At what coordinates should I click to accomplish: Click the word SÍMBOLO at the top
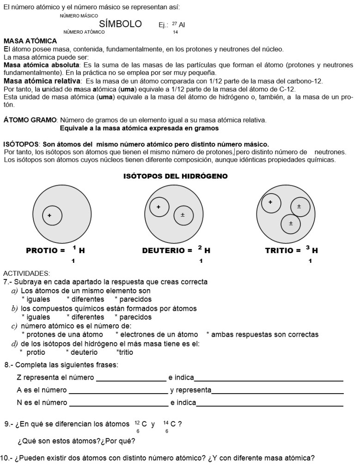pyautogui.click(x=120, y=24)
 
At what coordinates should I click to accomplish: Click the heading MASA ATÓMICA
pyautogui.click(x=30, y=41)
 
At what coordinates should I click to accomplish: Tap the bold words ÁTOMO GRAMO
pyautogui.click(x=30, y=120)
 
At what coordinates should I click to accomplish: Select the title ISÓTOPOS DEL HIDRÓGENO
pyautogui.click(x=176, y=176)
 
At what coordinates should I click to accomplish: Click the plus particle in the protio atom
pyautogui.click(x=49, y=215)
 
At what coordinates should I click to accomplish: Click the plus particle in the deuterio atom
pyautogui.click(x=159, y=207)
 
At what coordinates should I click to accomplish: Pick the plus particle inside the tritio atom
pyautogui.click(x=270, y=202)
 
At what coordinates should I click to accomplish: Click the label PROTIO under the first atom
pyautogui.click(x=43, y=251)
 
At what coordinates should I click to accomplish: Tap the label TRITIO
pyautogui.click(x=279, y=251)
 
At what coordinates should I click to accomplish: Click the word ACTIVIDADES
pyautogui.click(x=26, y=273)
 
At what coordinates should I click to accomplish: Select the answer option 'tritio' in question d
pyautogui.click(x=125, y=352)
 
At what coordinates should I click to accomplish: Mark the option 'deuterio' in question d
pyautogui.click(x=83, y=352)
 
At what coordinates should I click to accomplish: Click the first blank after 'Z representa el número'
pyautogui.click(x=131, y=378)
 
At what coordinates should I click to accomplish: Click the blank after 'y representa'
pyautogui.click(x=277, y=391)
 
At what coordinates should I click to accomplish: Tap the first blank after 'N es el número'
pyautogui.click(x=118, y=403)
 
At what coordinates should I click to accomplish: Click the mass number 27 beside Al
pyautogui.click(x=175, y=24)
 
